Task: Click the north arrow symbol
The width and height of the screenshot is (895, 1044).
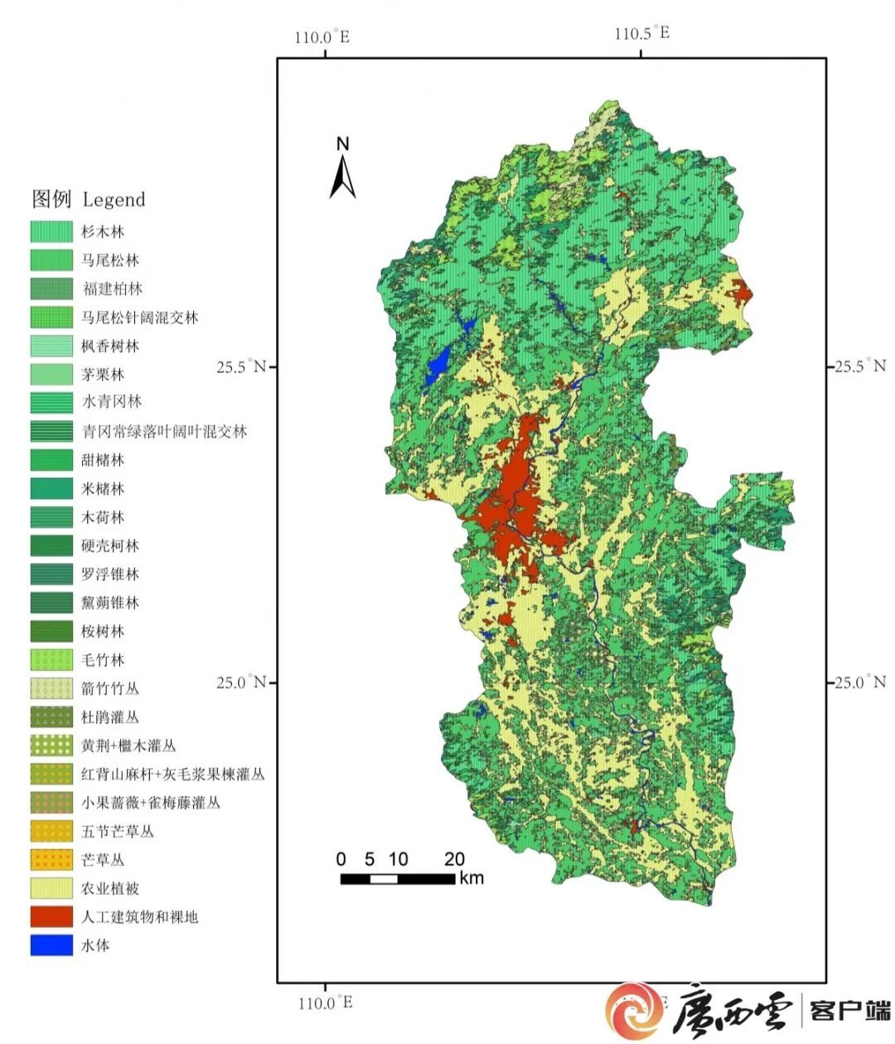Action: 342,177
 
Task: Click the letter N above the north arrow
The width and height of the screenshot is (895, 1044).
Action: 342,144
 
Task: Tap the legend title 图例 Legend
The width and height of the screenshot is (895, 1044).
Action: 88,199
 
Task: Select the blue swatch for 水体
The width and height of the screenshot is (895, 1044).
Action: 51,945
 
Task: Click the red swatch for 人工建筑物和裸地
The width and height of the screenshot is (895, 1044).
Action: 51,916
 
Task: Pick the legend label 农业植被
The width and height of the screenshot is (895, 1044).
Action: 110,888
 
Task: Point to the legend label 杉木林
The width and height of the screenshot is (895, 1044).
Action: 103,232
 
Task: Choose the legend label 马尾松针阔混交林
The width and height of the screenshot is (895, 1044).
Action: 139,317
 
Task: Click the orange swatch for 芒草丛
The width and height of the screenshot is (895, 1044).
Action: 51,859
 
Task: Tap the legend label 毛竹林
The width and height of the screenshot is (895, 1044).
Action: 103,660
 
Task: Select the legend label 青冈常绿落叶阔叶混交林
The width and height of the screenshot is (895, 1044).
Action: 164,431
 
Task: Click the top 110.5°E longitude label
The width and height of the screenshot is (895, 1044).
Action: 641,34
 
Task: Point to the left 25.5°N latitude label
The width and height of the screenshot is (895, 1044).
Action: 241,366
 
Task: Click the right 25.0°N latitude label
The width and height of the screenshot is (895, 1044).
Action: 860,682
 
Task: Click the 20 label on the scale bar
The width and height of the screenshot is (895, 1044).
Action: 454,859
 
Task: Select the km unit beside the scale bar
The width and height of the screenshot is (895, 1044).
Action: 472,878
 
